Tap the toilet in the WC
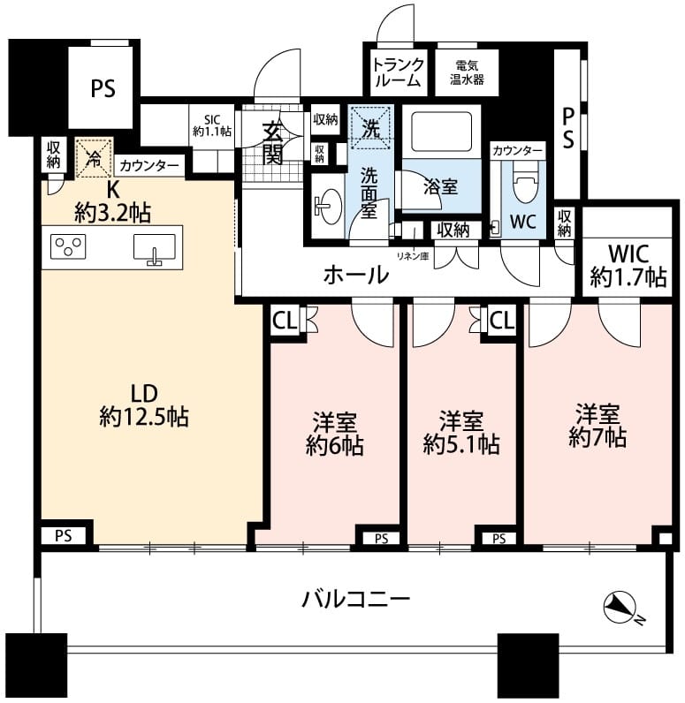coord(523,184)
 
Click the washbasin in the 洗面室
coord(329,207)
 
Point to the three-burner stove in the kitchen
coord(68,246)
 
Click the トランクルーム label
coord(398,72)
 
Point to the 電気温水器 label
coord(467,72)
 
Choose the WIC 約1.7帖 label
coord(628,266)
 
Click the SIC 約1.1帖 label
coord(212,125)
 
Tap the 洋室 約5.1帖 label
coord(461,433)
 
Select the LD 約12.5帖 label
coord(144,405)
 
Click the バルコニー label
coord(355,599)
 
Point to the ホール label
coord(356,275)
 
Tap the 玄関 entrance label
coord(273,143)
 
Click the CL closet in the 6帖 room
coord(285,321)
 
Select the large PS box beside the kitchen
coord(103,88)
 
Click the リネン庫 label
coord(413,257)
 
